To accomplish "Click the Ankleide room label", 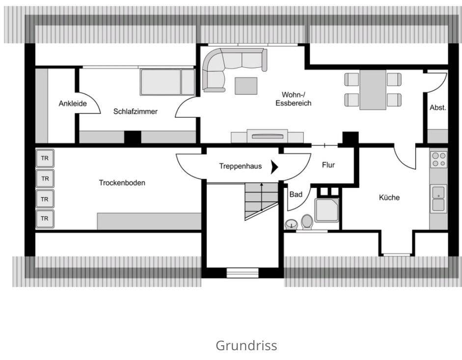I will click(73, 103).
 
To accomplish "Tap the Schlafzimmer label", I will click(136, 111).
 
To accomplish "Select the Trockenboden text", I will click(122, 183).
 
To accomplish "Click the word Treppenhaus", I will click(241, 166).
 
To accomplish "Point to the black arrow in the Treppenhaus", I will click(274, 167).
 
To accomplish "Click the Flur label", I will click(328, 165).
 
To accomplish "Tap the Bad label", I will click(296, 195).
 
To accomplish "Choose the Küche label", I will click(389, 198).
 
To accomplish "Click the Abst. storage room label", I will click(438, 107).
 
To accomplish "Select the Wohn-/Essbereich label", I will click(294, 99).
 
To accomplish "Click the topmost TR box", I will click(45, 159).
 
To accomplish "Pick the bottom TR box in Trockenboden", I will click(45, 218).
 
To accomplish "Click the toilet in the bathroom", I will click(307, 222).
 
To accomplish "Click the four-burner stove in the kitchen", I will click(438, 159).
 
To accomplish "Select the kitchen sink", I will click(438, 199).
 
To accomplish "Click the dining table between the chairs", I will click(373, 90).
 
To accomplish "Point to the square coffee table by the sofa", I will click(245, 86).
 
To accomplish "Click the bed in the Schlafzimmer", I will click(167, 82).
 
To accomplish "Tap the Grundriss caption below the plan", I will click(246, 345).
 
